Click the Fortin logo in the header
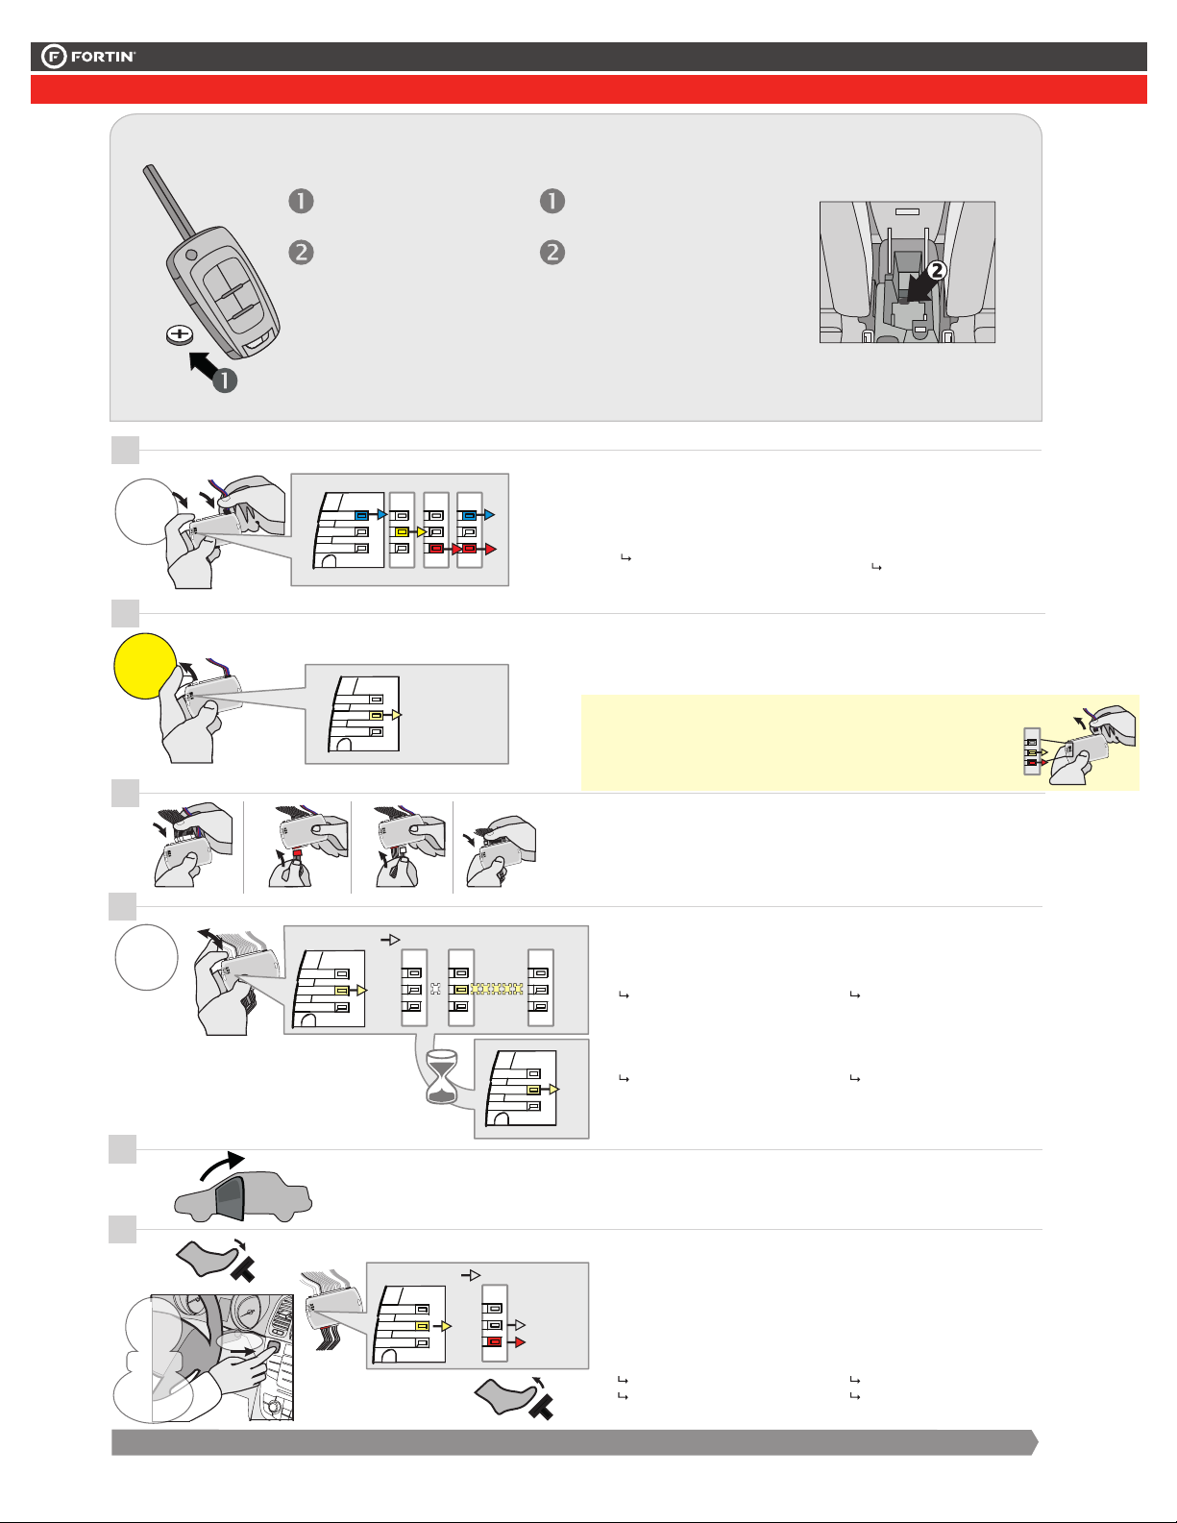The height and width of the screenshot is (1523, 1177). [x=88, y=57]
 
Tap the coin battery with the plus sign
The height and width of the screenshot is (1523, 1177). [x=180, y=335]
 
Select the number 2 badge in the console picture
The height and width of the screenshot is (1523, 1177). [x=937, y=270]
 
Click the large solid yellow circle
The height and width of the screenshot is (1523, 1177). [x=145, y=668]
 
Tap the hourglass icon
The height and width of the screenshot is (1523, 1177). [x=442, y=1075]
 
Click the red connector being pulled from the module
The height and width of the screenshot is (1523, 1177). [x=298, y=852]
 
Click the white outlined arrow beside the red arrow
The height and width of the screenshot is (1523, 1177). [x=520, y=1325]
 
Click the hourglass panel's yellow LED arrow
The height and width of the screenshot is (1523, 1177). [x=552, y=1090]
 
